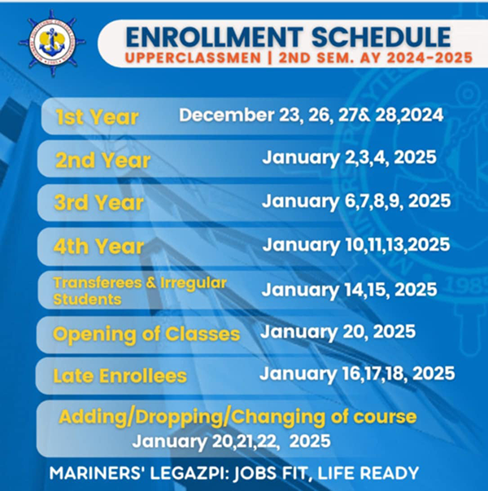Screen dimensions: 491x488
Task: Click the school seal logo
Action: click(x=51, y=43)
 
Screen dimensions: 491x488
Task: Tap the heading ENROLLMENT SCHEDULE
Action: click(x=288, y=36)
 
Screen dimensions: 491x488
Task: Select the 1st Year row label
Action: click(x=97, y=117)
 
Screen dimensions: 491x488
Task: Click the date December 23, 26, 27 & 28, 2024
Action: click(x=312, y=115)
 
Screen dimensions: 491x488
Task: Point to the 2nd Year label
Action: click(x=102, y=160)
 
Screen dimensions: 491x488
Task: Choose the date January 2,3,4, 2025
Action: click(x=349, y=158)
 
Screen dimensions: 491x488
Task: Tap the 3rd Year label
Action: click(x=99, y=203)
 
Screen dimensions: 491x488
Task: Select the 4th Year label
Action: click(x=99, y=246)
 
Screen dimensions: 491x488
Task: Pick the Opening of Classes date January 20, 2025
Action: click(x=338, y=332)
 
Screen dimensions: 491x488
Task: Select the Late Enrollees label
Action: click(x=120, y=376)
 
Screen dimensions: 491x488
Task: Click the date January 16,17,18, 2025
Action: click(x=356, y=374)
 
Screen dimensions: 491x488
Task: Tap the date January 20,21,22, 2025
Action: click(x=231, y=441)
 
